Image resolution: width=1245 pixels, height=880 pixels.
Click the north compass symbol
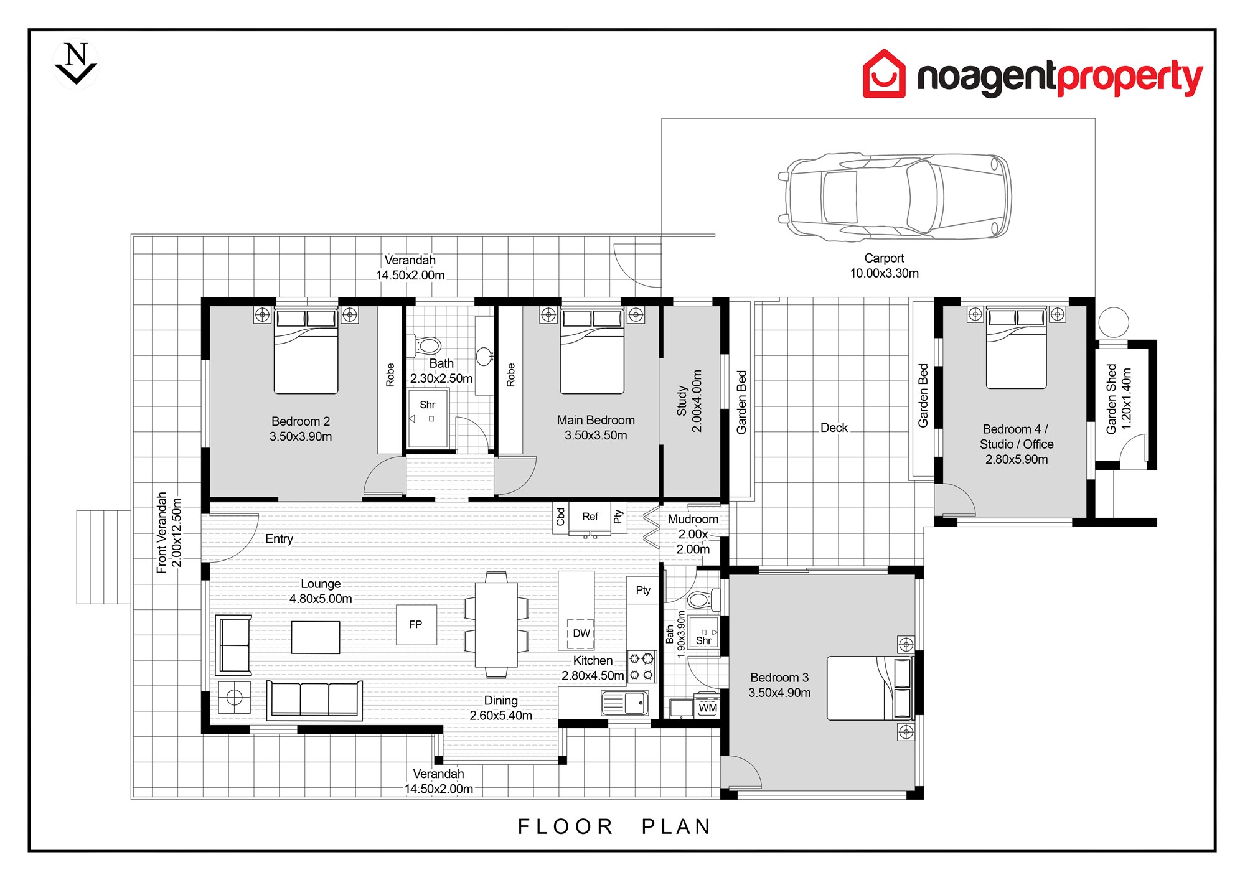click(76, 63)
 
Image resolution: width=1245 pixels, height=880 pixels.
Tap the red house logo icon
click(884, 74)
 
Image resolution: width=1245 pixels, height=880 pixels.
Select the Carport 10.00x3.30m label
click(884, 266)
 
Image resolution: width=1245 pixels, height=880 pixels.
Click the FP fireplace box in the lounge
click(416, 624)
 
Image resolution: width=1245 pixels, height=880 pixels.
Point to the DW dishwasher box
click(581, 634)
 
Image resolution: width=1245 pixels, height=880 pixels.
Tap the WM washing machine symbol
click(708, 708)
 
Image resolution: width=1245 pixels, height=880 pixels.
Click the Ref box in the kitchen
click(590, 517)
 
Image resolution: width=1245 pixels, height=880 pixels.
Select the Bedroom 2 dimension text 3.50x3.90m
click(301, 437)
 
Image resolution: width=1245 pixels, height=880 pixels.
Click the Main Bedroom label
click(596, 420)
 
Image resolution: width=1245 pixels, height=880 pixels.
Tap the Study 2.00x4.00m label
click(689, 401)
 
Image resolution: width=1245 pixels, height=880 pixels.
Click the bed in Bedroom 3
click(870, 688)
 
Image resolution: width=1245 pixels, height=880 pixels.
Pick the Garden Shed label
click(1111, 399)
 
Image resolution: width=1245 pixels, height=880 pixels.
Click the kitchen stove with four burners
click(641, 666)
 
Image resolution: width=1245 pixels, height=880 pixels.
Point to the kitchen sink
click(625, 703)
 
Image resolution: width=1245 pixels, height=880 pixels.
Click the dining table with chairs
click(496, 624)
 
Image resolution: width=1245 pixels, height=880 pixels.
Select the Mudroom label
click(693, 519)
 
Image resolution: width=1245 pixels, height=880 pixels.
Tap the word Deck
click(834, 428)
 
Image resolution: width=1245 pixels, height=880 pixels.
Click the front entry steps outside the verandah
click(103, 557)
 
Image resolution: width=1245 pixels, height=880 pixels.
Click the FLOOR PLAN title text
click(614, 826)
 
